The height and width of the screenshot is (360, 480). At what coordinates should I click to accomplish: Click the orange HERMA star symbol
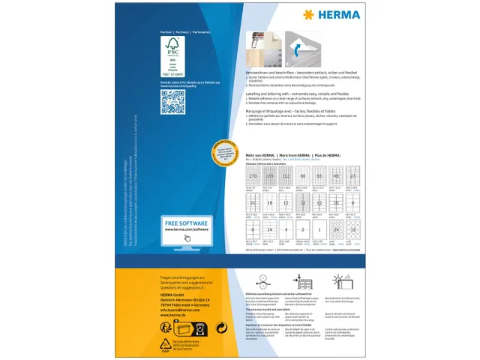click(307, 15)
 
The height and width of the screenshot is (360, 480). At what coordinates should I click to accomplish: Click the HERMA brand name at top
click(331, 15)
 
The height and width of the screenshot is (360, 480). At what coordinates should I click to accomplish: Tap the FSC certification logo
click(174, 57)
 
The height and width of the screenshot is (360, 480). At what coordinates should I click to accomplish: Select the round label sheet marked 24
click(337, 229)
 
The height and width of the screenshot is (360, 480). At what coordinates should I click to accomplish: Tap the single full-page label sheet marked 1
click(320, 229)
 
